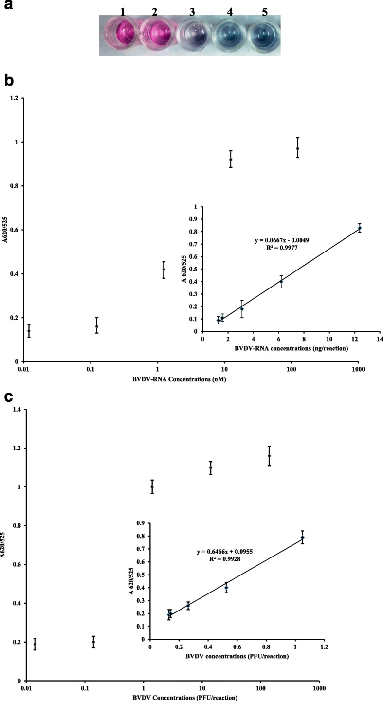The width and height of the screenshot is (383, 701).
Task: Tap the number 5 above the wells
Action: tap(265, 12)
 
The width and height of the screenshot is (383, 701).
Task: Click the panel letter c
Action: tap(8, 397)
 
